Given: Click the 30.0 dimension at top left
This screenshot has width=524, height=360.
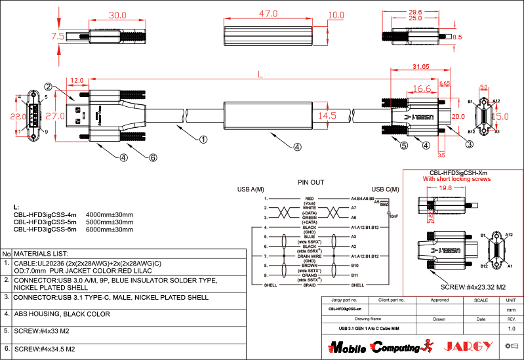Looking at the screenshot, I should point(117,15).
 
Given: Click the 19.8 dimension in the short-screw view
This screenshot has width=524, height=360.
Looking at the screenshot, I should point(446,188).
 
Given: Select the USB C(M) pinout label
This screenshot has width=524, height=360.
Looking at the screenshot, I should point(386,190).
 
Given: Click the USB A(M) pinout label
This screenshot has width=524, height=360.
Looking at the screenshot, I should point(251,190).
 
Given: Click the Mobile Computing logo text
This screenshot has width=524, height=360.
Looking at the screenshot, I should point(374,346).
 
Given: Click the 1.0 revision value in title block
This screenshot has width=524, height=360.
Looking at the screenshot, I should point(512,328).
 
